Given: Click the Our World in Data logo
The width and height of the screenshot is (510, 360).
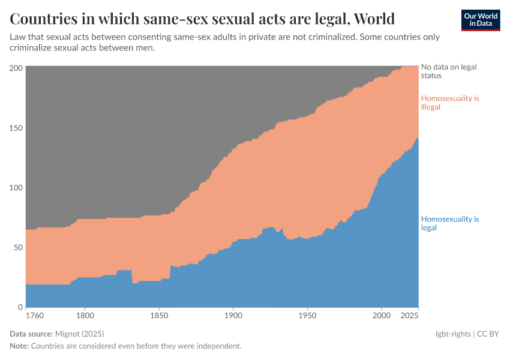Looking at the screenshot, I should click(x=480, y=20).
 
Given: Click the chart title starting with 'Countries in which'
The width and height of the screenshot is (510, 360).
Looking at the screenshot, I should click(x=202, y=19).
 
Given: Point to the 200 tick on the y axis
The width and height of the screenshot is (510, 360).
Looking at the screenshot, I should click(x=16, y=68).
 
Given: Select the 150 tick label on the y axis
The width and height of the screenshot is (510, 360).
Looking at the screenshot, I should click(x=16, y=128).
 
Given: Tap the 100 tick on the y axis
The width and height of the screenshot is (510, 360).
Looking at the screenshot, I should click(x=16, y=187).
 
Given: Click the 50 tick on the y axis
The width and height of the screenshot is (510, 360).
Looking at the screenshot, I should click(x=18, y=247).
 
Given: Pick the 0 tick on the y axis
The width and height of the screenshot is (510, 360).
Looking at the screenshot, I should click(x=20, y=307).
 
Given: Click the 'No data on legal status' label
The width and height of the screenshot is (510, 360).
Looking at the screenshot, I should click(x=449, y=71).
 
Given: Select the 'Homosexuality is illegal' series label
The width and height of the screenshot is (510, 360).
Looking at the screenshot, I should click(x=450, y=103).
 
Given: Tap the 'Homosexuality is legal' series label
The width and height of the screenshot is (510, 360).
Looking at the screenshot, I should click(x=450, y=223).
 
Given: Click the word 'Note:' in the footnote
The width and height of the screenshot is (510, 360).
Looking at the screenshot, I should click(x=19, y=346).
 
